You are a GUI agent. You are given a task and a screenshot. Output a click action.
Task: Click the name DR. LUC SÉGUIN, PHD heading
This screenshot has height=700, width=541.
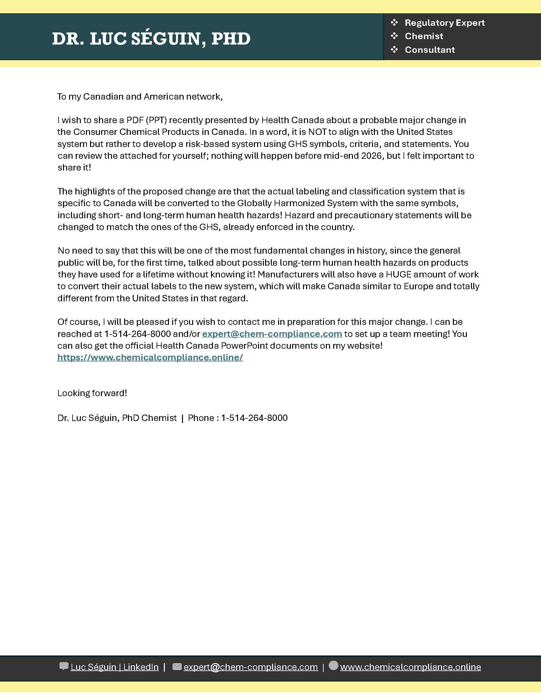click(151, 38)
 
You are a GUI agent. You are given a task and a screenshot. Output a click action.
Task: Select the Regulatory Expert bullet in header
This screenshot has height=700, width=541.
click(444, 23)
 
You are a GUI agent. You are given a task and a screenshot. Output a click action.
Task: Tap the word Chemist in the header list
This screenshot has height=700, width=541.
click(424, 36)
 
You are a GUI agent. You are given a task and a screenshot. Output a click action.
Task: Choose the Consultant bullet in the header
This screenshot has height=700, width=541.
click(430, 50)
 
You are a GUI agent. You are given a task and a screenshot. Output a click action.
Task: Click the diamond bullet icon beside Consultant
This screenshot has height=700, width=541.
click(394, 49)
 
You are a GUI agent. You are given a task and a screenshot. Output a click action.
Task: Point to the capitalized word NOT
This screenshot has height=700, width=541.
click(317, 132)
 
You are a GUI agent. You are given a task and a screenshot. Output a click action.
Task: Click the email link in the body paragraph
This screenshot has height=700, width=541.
click(272, 334)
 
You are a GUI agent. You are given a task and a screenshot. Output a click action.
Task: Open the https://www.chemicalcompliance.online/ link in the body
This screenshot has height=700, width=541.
click(150, 358)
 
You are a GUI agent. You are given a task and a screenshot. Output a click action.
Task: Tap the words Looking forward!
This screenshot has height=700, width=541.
click(92, 393)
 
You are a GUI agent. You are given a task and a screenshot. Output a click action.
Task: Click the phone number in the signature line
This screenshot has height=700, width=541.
click(254, 418)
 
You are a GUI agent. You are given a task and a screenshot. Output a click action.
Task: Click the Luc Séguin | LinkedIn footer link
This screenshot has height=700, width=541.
click(115, 667)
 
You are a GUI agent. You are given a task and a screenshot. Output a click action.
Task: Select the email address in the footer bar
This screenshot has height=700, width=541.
click(250, 667)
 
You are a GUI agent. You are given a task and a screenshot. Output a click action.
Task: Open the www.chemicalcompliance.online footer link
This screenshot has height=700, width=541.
click(410, 667)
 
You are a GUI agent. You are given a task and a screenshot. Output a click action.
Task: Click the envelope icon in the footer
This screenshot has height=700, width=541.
click(177, 667)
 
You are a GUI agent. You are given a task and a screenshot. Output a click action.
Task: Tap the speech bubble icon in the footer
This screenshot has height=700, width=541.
click(64, 666)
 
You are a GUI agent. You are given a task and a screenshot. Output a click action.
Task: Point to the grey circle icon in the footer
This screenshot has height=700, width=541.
click(333, 665)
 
